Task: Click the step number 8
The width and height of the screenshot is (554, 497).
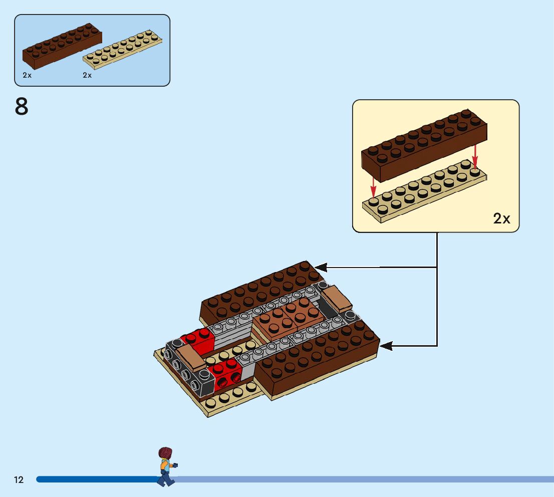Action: (22, 106)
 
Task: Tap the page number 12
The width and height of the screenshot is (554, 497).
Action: (19, 480)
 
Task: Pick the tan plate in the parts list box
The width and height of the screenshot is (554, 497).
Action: (123, 51)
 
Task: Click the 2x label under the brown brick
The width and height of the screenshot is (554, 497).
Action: (27, 75)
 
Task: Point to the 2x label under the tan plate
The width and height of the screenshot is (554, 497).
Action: (87, 75)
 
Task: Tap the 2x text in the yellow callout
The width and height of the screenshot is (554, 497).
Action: (501, 218)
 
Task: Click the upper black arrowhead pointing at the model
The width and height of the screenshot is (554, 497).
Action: (319, 268)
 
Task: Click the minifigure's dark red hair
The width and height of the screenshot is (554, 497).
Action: (165, 453)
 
